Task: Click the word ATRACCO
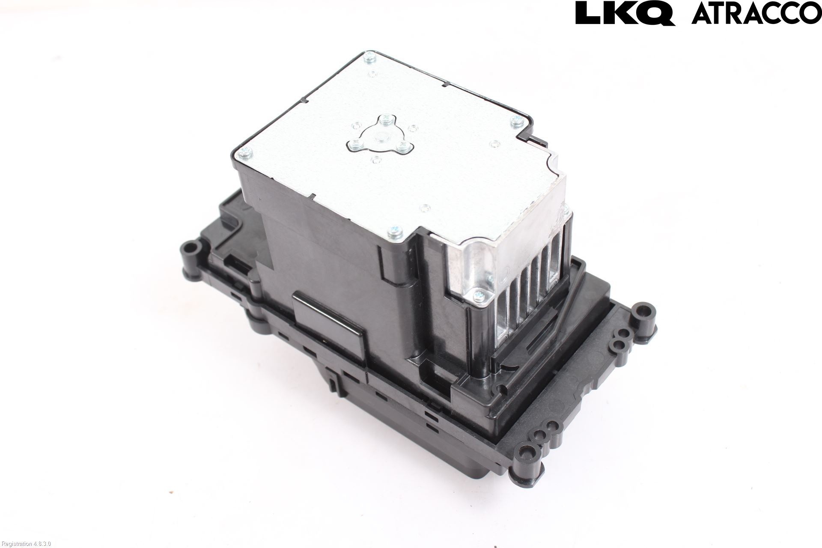point(756,13)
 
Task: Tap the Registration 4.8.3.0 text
point(25,544)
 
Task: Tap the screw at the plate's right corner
point(516,122)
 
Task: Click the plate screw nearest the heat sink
point(394,232)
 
